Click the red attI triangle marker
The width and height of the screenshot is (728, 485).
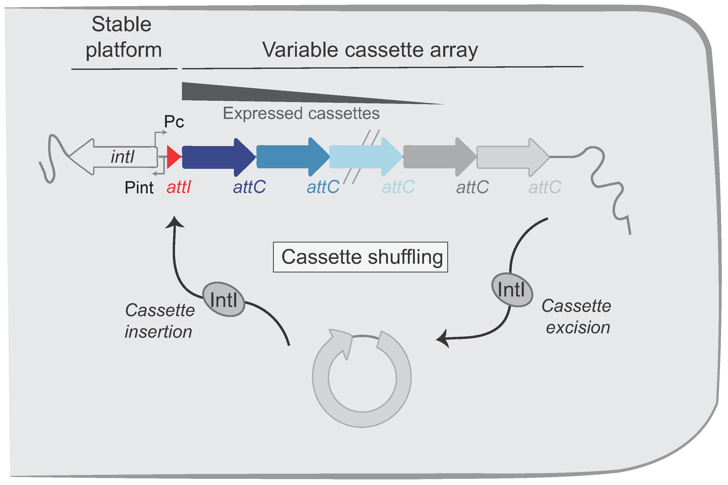click(x=173, y=157)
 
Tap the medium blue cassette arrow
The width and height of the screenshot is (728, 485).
click(x=293, y=157)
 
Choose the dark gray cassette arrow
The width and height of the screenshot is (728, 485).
click(x=440, y=157)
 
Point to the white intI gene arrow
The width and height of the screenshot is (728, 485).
click(x=113, y=157)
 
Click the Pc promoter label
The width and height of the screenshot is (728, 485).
click(x=174, y=122)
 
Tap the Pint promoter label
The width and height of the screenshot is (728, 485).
click(x=139, y=188)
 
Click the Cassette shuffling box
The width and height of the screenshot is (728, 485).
click(x=361, y=257)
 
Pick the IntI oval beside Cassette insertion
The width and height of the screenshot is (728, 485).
click(x=224, y=299)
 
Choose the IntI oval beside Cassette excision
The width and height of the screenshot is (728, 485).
click(x=512, y=290)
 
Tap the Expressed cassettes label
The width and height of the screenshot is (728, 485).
click(x=301, y=114)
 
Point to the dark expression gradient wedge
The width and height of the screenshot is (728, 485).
click(x=278, y=93)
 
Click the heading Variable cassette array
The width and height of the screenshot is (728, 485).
click(x=370, y=50)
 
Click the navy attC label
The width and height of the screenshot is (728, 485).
click(x=249, y=187)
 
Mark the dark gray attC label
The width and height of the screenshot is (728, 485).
click(x=472, y=188)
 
